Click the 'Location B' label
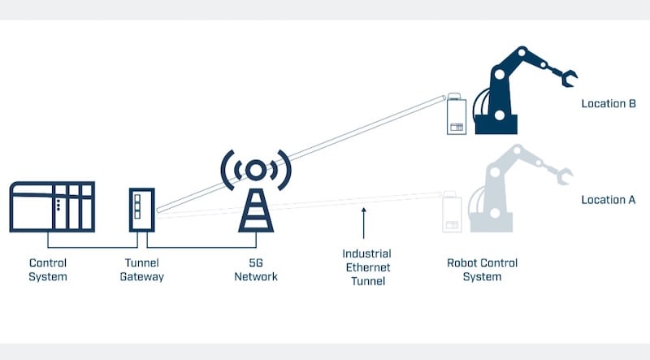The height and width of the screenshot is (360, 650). pos(608,104)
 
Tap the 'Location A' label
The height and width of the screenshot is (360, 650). pos(608,200)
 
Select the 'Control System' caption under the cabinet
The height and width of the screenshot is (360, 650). pos(48,270)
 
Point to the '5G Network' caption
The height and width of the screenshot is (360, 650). pos(255,270)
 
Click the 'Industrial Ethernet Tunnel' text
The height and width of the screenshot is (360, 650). pos(366,268)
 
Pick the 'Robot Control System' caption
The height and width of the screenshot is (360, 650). pos(482,270)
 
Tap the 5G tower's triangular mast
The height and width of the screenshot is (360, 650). pos(255,211)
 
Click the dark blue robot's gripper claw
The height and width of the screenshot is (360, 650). pos(564,78)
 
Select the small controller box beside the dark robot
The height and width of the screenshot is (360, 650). pos(456,116)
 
